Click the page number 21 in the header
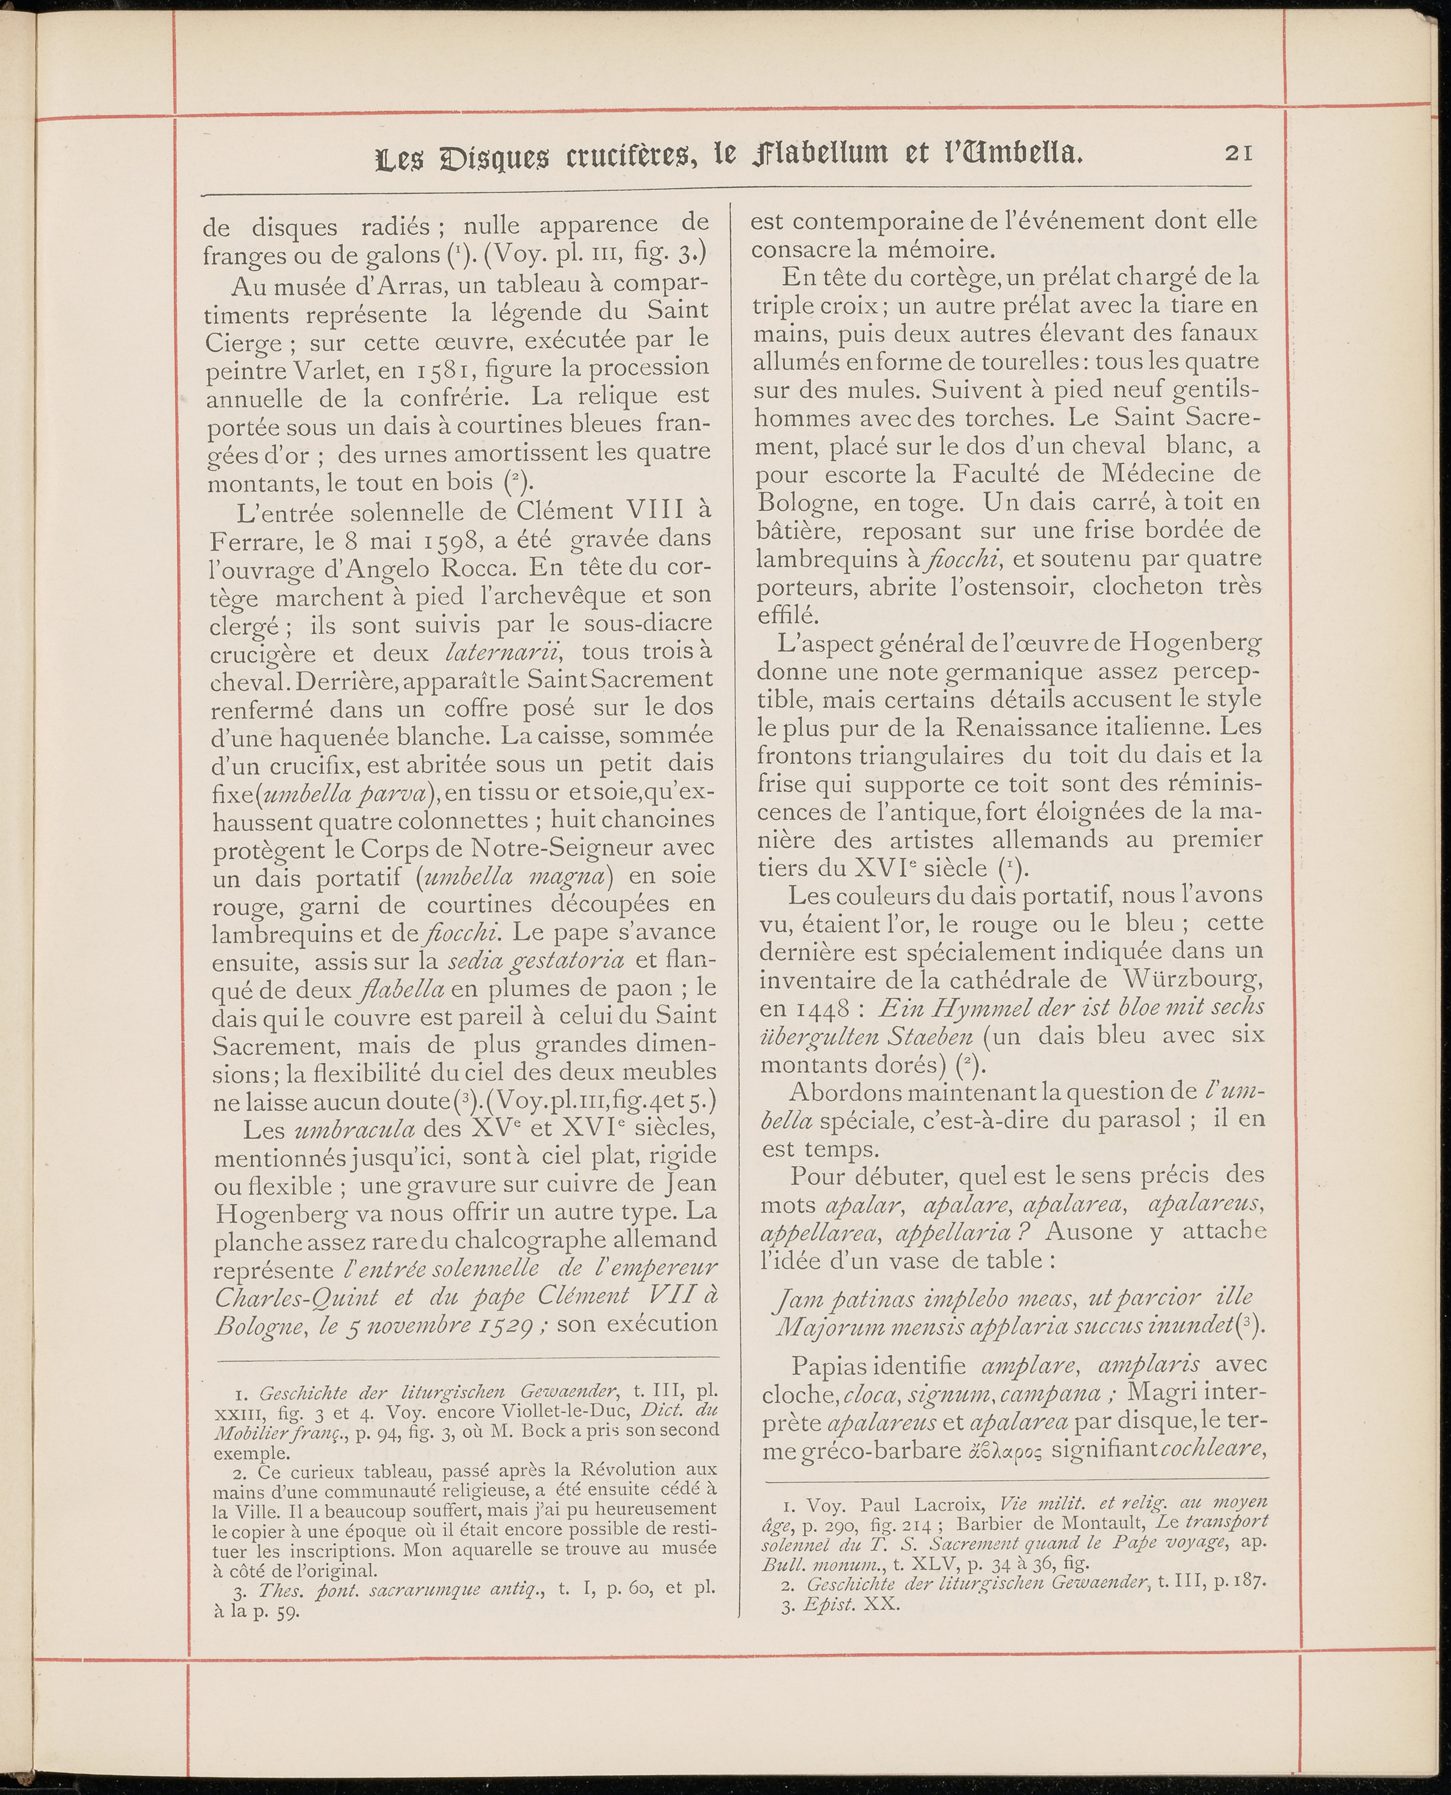(1238, 154)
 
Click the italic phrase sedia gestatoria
(537, 960)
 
